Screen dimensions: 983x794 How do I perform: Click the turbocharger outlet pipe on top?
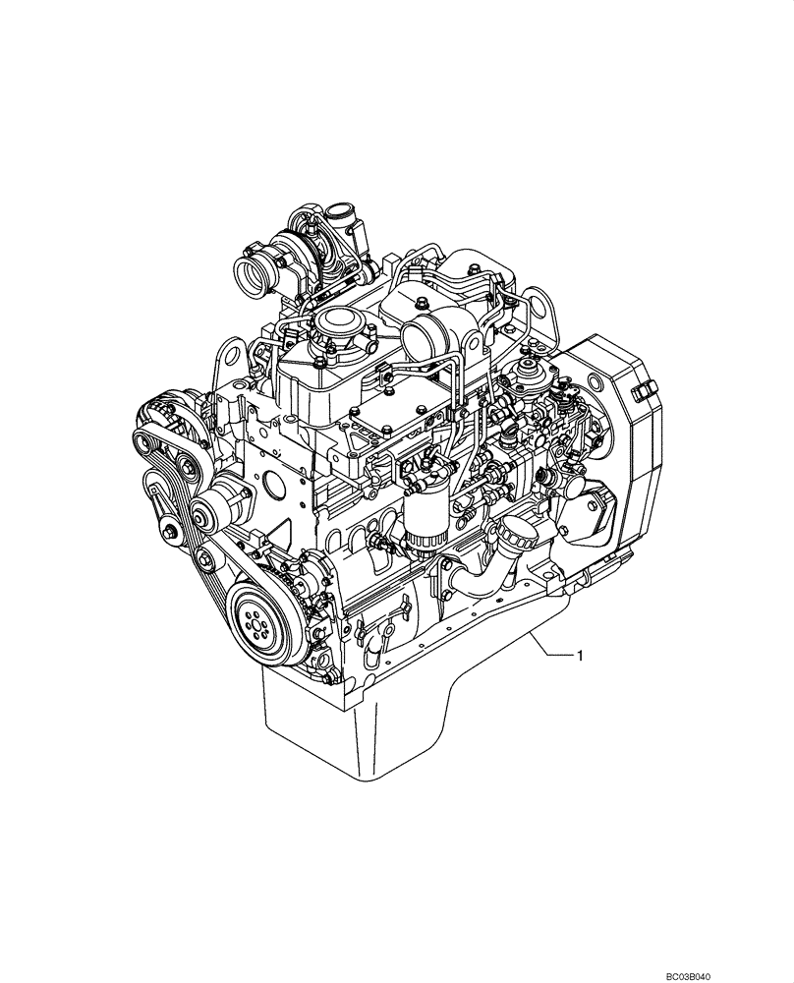pyautogui.click(x=342, y=214)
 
